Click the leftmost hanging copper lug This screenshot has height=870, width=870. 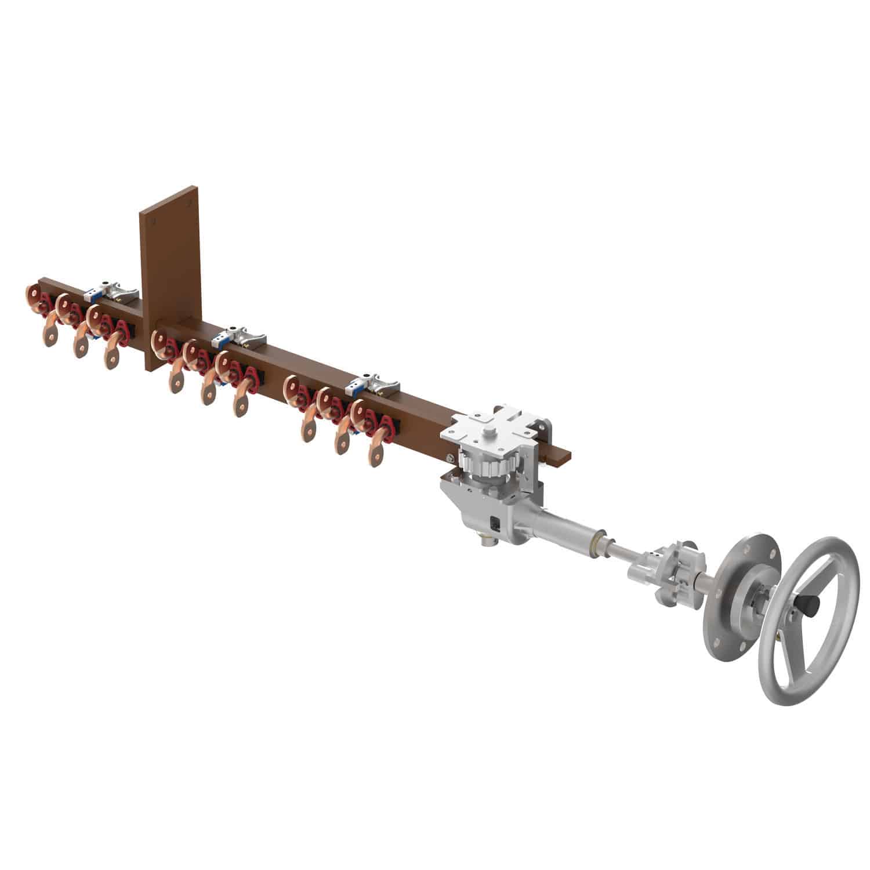50,336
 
